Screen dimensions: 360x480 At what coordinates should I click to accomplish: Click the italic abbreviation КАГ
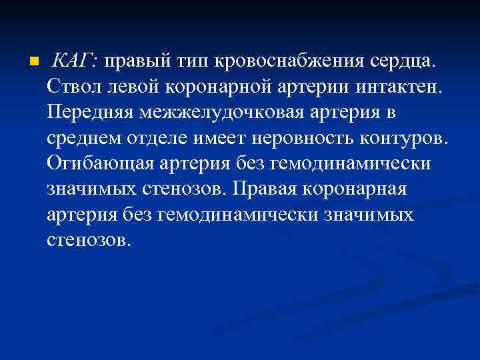click(74, 62)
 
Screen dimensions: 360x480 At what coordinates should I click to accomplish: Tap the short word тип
click(192, 63)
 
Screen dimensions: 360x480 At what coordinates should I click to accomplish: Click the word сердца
click(404, 63)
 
